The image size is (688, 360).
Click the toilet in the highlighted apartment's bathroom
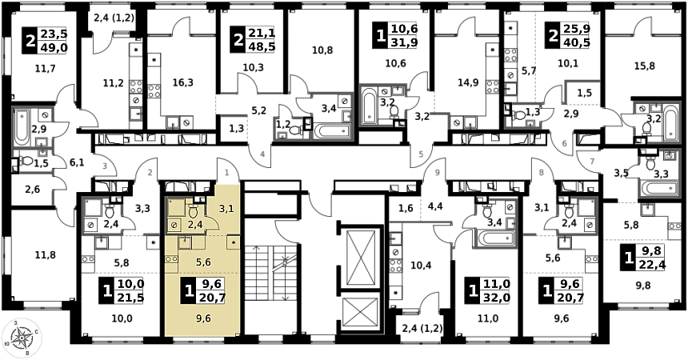[x=193, y=212]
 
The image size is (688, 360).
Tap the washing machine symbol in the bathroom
[x=175, y=226]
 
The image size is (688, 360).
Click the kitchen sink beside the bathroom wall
[x=184, y=242]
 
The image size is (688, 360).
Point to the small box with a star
[x=233, y=241]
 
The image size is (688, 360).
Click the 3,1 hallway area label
[x=226, y=209]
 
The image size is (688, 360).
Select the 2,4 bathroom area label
[x=194, y=226]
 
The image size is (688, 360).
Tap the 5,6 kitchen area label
[x=203, y=262]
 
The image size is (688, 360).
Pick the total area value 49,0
[x=54, y=47]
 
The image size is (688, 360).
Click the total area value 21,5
[x=130, y=298]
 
